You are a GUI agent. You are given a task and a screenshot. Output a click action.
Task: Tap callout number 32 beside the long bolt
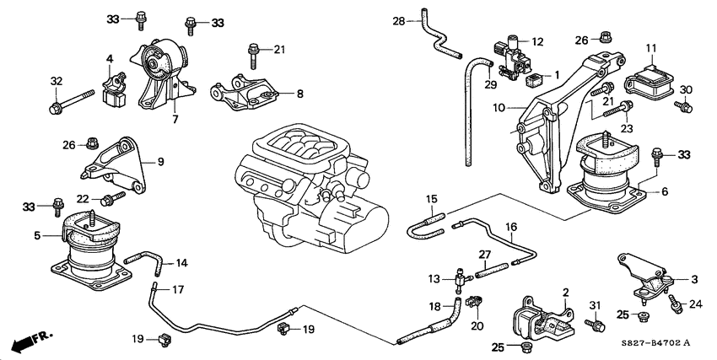(56, 82)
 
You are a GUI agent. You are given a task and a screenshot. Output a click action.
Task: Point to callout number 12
(537, 40)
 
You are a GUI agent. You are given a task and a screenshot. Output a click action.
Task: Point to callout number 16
(509, 227)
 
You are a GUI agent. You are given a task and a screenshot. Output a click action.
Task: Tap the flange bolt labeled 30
(684, 106)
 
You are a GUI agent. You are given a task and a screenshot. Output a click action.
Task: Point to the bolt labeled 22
(111, 198)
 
